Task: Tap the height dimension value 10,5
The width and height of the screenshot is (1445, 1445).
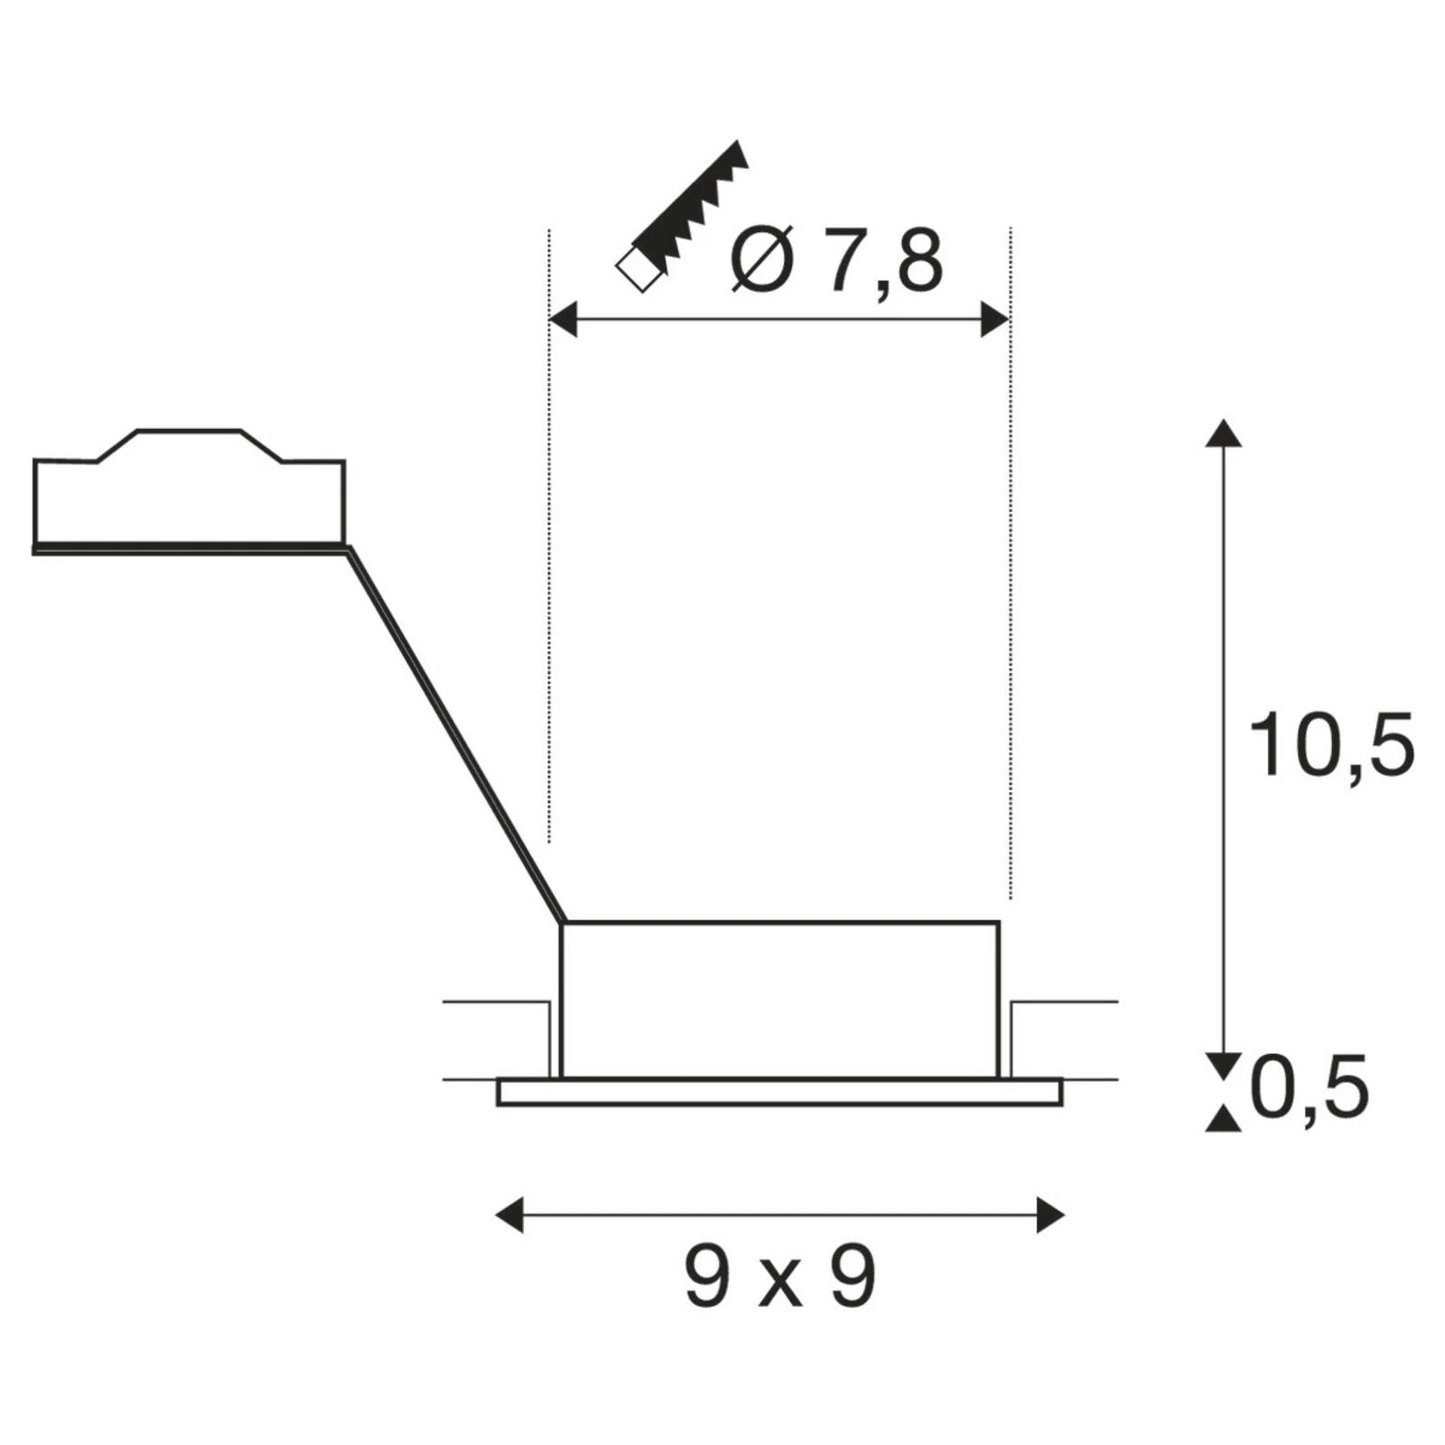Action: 1330,746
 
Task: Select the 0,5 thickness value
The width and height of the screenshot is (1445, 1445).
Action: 1310,1087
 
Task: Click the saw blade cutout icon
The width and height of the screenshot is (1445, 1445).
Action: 683,217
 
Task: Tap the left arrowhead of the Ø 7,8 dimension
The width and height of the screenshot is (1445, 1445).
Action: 563,320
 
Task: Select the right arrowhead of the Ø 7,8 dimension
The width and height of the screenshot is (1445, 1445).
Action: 995,320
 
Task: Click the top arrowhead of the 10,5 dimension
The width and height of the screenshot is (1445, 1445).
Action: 1224,433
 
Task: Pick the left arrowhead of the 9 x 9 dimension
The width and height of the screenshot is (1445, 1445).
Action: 510,1215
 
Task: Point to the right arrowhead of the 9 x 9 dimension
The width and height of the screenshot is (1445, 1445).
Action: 1050,1215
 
